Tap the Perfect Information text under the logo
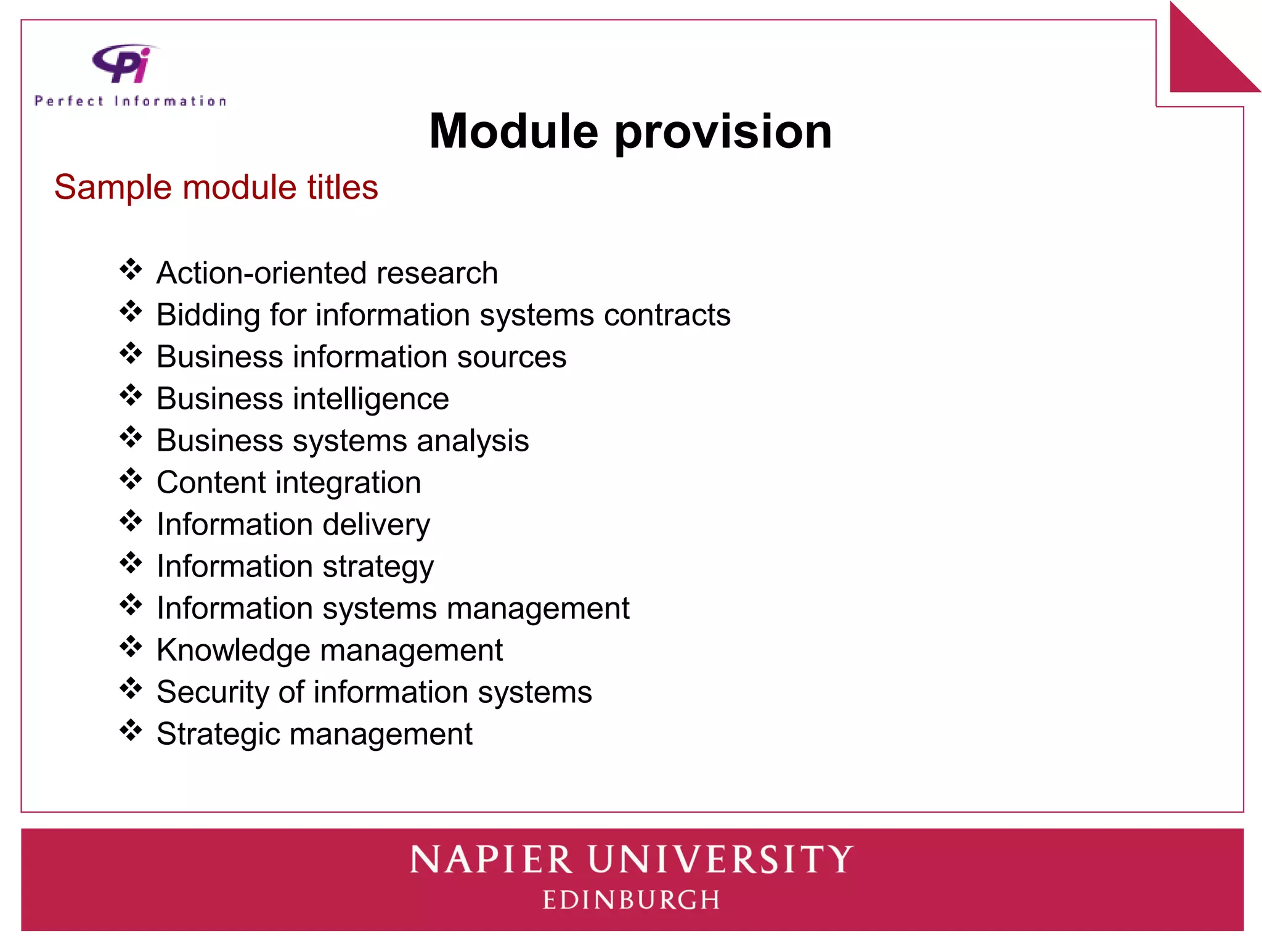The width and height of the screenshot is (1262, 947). (x=131, y=101)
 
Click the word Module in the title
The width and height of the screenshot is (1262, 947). (x=513, y=131)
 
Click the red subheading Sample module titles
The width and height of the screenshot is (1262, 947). (x=216, y=187)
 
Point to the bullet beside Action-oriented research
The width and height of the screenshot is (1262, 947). (x=131, y=269)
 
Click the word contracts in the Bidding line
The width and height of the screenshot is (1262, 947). (x=667, y=315)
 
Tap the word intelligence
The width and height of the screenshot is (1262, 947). (x=370, y=399)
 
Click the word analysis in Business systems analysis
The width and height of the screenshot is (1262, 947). (x=472, y=441)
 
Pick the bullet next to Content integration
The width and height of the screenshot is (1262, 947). (x=131, y=479)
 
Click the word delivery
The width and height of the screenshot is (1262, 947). (x=376, y=525)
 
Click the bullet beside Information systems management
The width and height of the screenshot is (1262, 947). (x=131, y=605)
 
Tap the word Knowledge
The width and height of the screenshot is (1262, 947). (x=233, y=650)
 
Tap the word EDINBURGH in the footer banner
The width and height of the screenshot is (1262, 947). (x=631, y=900)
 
